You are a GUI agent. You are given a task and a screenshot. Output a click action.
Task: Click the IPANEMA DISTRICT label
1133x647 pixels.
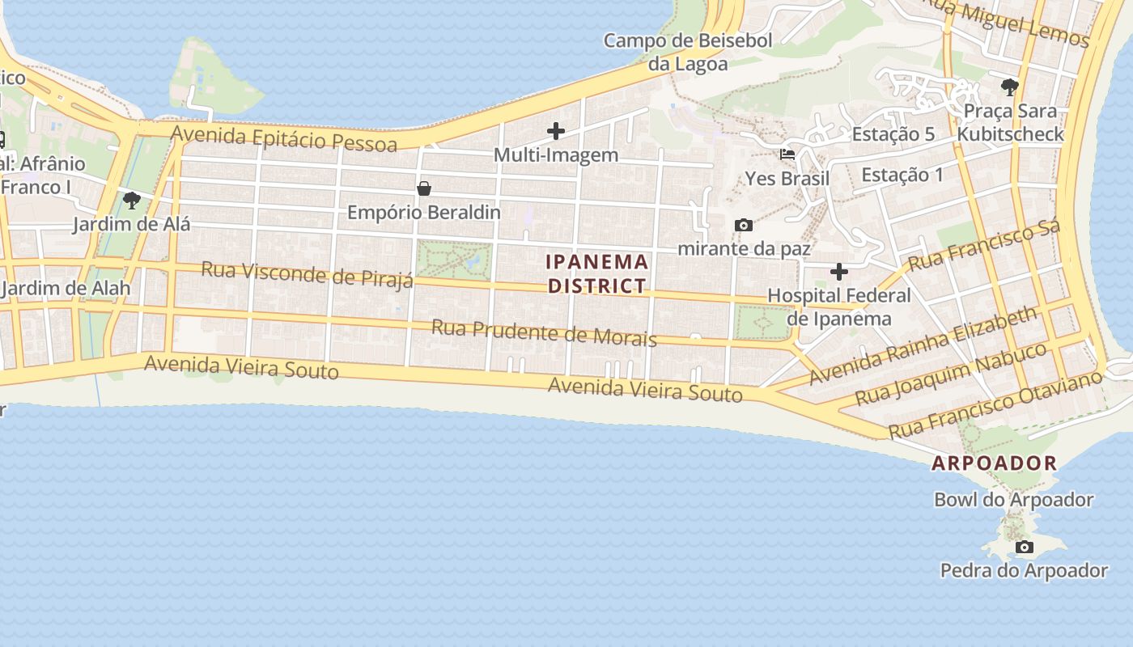597,273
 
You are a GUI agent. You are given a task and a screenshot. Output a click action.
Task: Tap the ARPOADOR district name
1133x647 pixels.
995,463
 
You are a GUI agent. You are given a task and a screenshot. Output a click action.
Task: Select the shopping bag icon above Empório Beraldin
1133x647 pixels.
423,188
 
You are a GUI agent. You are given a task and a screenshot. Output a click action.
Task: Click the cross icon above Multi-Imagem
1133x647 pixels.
556,130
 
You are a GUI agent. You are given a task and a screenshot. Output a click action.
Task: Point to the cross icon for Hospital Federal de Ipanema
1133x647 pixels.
839,271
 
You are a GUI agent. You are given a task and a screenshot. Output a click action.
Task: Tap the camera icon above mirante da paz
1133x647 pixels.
743,225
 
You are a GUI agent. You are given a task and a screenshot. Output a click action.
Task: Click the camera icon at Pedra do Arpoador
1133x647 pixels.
1025,547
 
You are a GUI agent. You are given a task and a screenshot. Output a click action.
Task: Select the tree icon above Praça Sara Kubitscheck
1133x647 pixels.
1009,87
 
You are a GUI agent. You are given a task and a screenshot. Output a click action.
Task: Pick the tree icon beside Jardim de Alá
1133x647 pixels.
131,200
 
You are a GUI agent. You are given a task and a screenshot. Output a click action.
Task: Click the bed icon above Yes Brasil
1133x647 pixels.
787,154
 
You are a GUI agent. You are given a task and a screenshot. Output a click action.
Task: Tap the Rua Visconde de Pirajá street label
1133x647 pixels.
307,273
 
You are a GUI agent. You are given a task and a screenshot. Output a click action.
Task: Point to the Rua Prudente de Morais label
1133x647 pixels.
544,332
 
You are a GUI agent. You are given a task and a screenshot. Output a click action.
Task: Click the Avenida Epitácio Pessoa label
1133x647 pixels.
284,138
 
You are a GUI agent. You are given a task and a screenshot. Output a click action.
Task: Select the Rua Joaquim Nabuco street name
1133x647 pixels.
951,373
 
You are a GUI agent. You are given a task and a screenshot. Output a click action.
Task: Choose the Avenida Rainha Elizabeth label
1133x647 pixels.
923,345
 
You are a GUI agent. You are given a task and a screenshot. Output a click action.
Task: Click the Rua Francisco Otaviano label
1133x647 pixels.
995,404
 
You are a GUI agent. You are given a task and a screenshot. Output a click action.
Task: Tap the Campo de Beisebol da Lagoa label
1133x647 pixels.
688,52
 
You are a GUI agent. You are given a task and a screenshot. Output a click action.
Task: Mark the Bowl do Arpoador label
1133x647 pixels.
1014,500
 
